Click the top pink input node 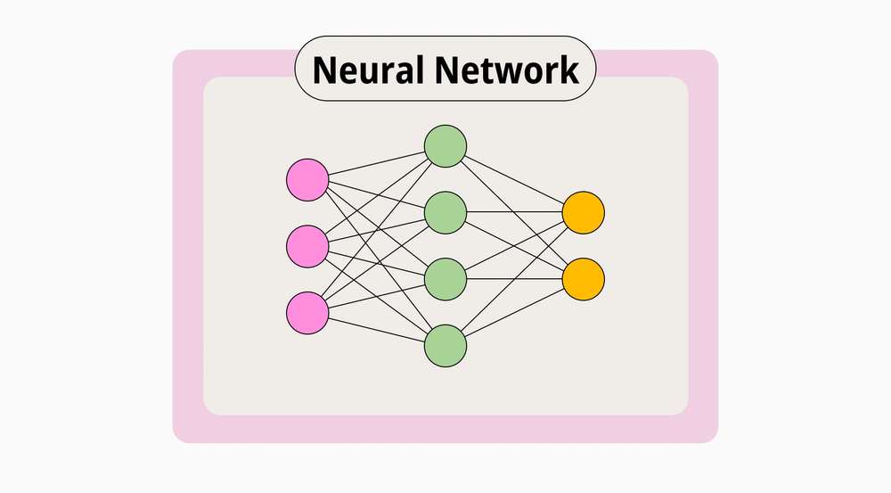(x=307, y=179)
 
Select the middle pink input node (x=307, y=245)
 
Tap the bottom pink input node (x=307, y=313)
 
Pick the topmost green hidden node (x=445, y=146)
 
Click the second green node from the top (x=445, y=212)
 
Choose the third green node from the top (x=445, y=279)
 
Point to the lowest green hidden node (x=445, y=345)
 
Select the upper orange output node (x=584, y=212)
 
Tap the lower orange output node (x=584, y=279)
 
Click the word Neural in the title (x=365, y=69)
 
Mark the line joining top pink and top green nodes (x=376, y=163)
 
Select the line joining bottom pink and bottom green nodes (x=376, y=329)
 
